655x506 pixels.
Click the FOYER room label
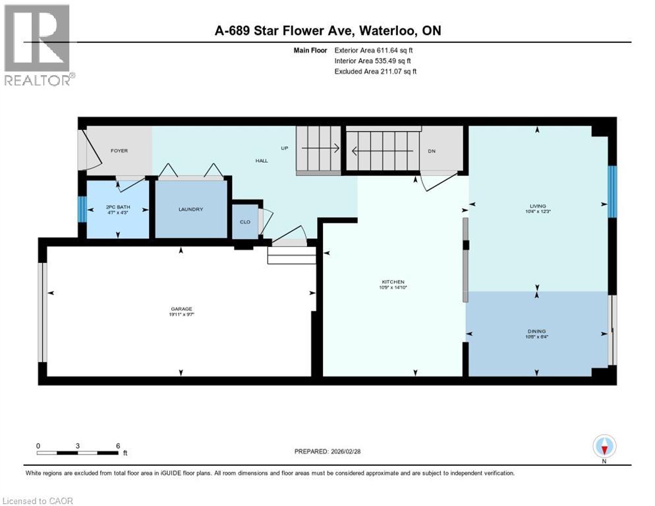(119, 151)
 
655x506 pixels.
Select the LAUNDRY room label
(190, 210)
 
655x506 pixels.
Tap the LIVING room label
(537, 206)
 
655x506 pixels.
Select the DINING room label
(536, 331)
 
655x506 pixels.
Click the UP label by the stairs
(285, 148)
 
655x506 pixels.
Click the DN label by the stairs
(432, 151)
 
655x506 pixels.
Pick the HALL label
(262, 160)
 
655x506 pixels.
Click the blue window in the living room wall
(612, 192)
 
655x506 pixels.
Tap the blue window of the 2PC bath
(82, 210)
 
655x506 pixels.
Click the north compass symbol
(604, 446)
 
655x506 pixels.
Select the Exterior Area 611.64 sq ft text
(377, 50)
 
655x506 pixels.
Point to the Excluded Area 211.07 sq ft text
(376, 71)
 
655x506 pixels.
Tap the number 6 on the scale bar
(117, 445)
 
